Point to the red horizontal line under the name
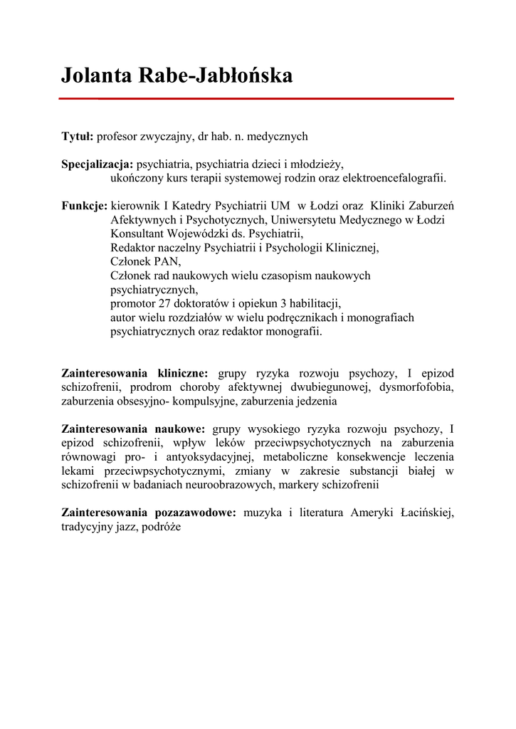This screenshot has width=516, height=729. tap(256, 99)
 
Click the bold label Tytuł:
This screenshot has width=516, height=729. tap(78, 135)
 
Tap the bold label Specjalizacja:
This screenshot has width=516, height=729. tap(98, 164)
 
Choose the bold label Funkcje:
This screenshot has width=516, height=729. tap(84, 206)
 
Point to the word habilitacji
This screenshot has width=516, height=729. tap(315, 303)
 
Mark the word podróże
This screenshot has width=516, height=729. tap(163, 527)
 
